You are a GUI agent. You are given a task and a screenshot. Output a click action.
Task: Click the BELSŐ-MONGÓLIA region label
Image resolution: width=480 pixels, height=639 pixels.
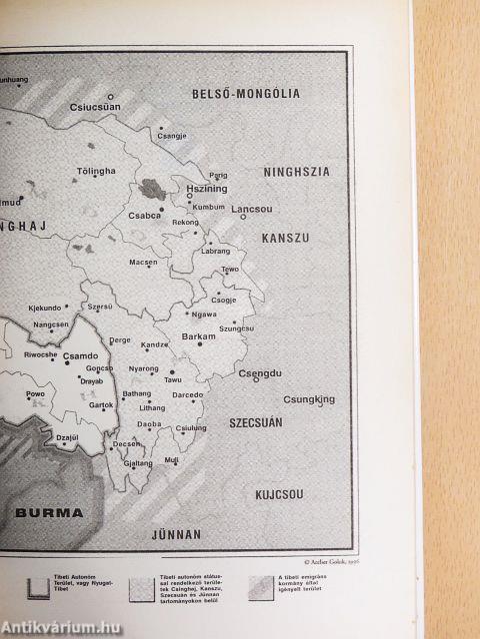click(245, 95)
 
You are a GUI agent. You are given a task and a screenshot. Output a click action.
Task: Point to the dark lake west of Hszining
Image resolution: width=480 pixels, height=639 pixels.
click(154, 186)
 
